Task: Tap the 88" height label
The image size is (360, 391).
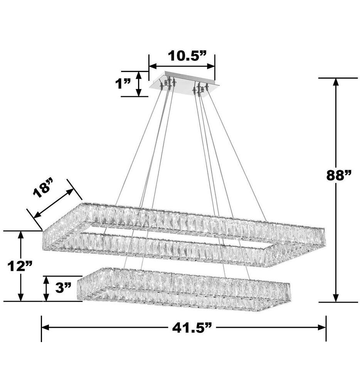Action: pos(339,175)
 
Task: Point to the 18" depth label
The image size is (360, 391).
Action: pos(42,188)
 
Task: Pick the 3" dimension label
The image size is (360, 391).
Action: pos(63,288)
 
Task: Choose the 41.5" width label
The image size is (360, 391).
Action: pos(192,328)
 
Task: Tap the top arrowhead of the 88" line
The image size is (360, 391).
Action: pos(336,82)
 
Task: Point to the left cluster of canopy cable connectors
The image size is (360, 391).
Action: pos(169,83)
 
